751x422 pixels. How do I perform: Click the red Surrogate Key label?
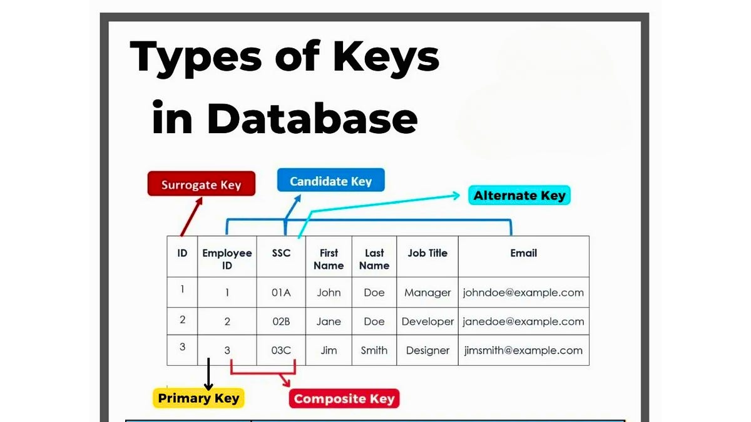201,184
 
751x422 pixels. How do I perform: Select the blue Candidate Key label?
330,181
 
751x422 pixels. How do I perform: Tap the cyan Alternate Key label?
519,196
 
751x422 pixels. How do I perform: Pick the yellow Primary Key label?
198,398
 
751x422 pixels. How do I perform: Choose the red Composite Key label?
344,399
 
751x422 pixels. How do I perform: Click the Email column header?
523,253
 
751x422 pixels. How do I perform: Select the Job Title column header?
427,253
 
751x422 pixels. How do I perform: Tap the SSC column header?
281,253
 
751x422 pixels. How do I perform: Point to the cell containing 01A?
281,293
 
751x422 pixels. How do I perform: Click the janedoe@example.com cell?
523,321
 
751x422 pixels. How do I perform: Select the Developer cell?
427,321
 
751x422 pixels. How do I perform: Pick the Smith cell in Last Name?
374,351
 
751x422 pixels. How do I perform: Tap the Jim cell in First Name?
329,351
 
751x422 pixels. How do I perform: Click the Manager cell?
427,293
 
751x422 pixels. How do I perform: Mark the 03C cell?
281,351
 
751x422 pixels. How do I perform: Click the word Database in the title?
313,118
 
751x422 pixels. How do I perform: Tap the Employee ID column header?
227,259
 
